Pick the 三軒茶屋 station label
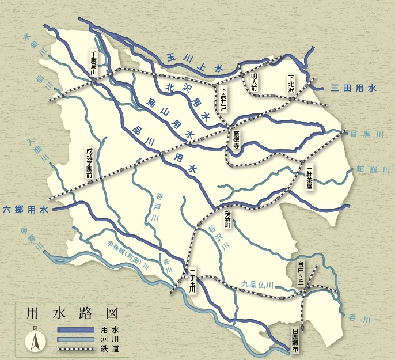310,177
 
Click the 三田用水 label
354,88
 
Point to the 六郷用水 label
25,210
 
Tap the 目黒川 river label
367,134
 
